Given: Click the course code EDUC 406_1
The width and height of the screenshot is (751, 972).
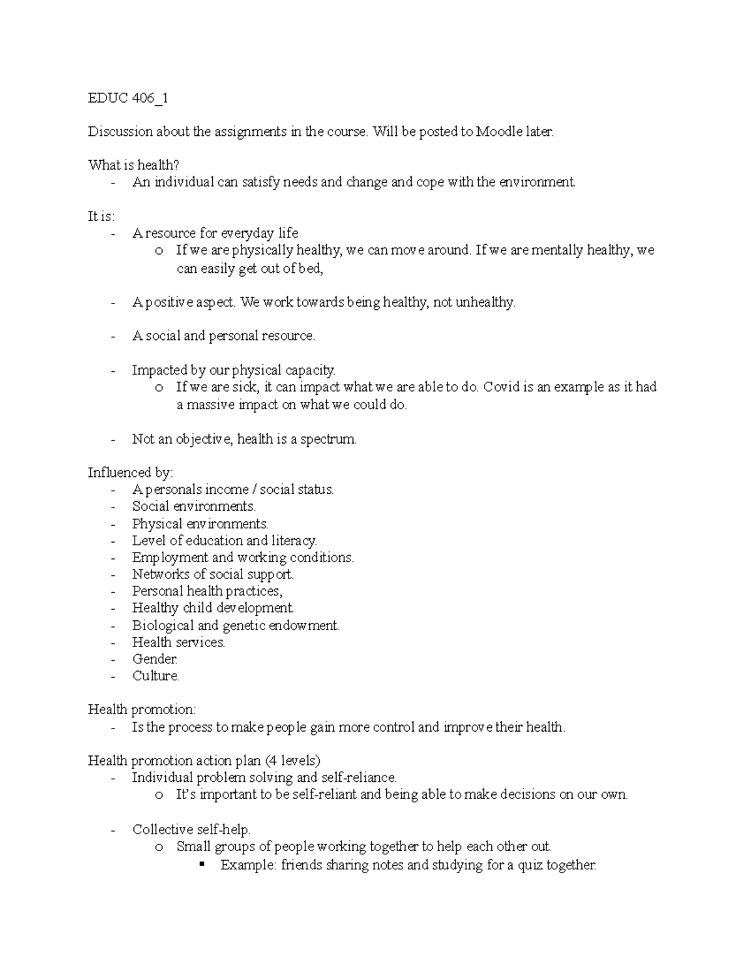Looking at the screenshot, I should (128, 98).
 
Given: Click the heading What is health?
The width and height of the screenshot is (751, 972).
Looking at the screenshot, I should (133, 165).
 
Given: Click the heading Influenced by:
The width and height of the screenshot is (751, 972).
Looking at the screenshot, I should (130, 473).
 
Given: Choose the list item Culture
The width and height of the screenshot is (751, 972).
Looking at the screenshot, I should (155, 676).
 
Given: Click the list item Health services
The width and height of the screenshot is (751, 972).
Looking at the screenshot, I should (178, 642).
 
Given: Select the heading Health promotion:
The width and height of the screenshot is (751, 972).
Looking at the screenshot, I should (141, 710).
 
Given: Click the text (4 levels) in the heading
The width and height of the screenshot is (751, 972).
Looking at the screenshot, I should (292, 761).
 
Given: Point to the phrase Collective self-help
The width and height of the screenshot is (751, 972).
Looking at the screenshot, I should (191, 830).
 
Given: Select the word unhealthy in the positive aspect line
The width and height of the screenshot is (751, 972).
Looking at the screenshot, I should (485, 303).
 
